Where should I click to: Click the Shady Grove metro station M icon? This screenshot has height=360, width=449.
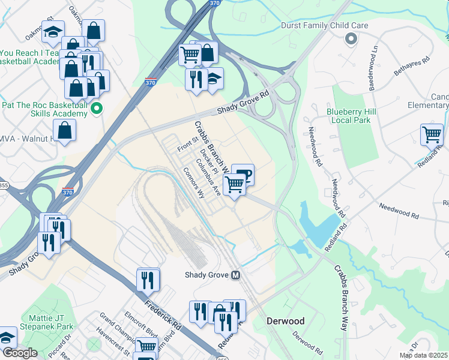[x=236, y=275]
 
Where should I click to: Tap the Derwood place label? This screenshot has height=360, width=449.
[x=286, y=321]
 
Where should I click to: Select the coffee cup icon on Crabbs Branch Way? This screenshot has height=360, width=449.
[x=243, y=175]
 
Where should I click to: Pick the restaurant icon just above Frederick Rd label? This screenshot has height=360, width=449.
[x=148, y=279]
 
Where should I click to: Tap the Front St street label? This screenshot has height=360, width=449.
[x=187, y=145]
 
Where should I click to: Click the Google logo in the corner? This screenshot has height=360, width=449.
[x=19, y=353]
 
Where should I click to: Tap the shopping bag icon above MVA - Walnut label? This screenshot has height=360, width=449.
[x=64, y=130]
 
